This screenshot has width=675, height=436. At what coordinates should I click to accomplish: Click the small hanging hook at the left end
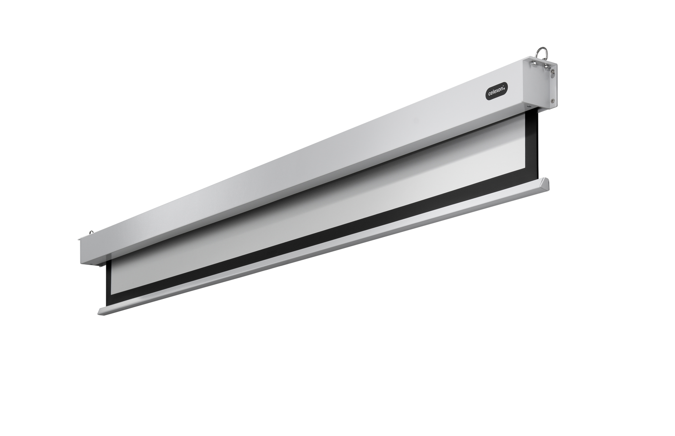click(x=91, y=232)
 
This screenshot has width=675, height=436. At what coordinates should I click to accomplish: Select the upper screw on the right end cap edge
click(x=553, y=71)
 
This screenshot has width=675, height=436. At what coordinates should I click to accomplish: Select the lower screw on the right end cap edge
click(x=553, y=101)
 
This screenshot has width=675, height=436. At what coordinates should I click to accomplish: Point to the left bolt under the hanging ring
click(x=533, y=64)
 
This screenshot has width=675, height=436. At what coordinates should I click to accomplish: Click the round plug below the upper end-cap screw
click(x=553, y=75)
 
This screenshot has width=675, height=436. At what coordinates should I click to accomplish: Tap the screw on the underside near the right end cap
click(x=529, y=106)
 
